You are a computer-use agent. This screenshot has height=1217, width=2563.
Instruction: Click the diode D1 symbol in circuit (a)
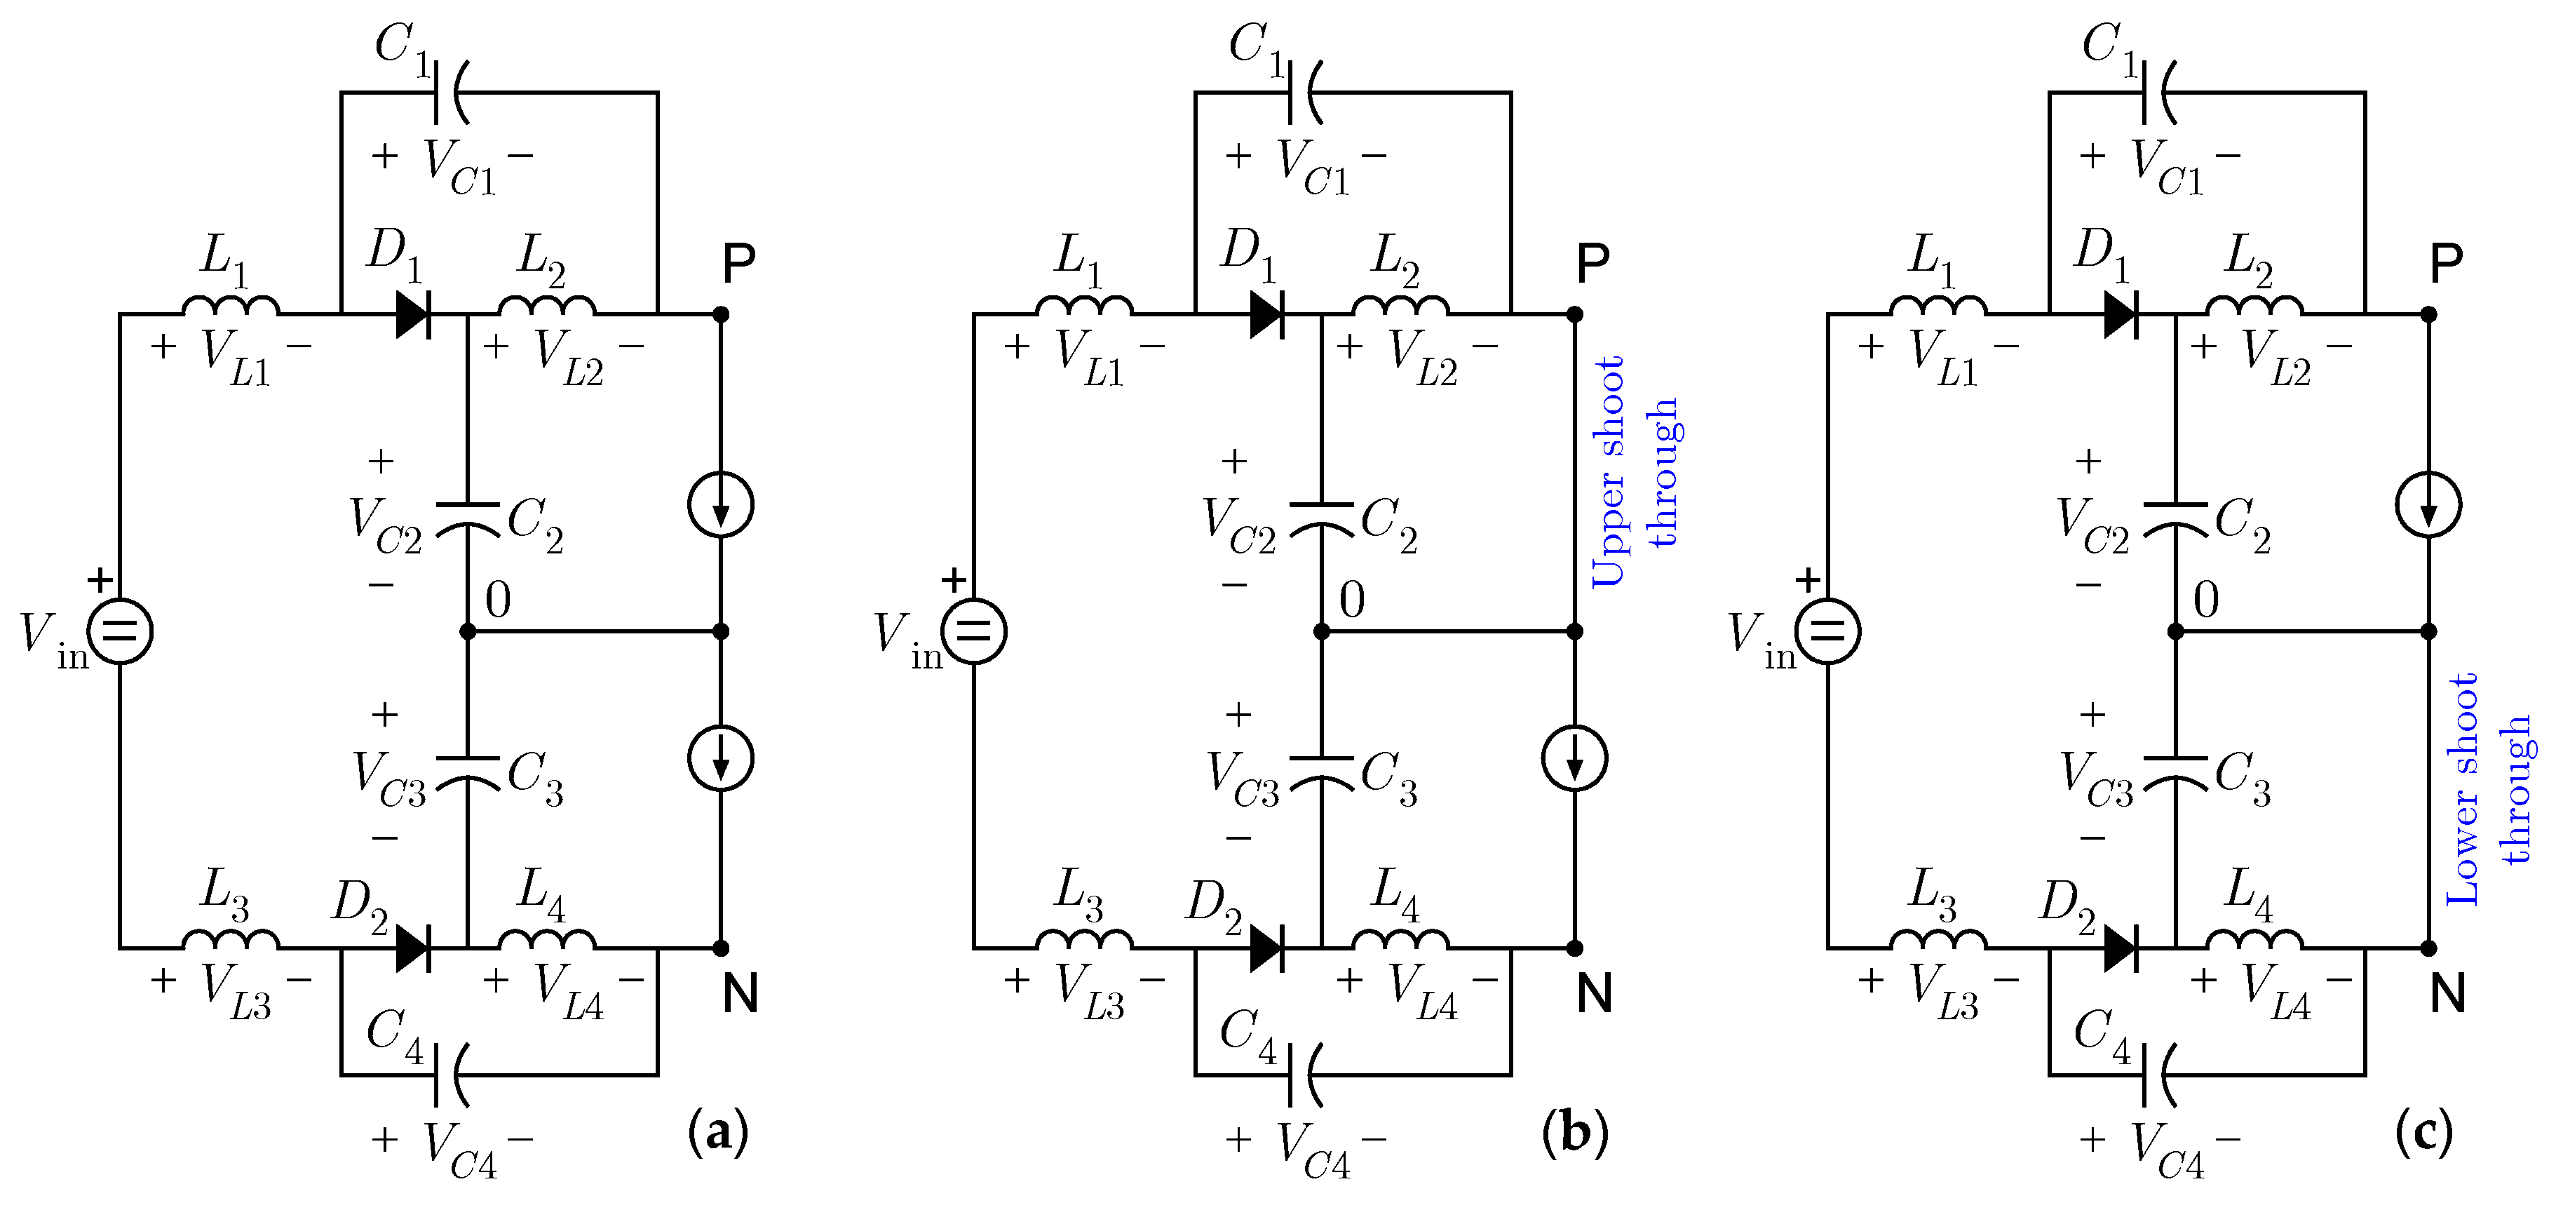(x=413, y=314)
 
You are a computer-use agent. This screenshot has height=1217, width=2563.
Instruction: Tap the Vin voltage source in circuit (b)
(x=974, y=631)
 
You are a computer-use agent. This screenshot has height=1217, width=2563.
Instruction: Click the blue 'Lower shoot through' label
(x=2489, y=788)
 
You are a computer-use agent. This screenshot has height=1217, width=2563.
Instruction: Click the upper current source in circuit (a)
(x=722, y=506)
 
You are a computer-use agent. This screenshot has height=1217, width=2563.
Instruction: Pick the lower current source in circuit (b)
(x=1574, y=758)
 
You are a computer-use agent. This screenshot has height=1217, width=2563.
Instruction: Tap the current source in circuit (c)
(x=2428, y=506)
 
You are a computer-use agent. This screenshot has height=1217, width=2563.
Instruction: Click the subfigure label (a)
(x=717, y=1131)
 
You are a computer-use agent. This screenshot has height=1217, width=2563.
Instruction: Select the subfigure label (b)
(x=1574, y=1131)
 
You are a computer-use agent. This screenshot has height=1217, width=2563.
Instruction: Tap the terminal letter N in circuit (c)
(x=2447, y=993)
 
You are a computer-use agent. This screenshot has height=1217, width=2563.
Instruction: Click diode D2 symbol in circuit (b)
(x=1266, y=948)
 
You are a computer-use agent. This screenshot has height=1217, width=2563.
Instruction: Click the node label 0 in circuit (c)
(x=2206, y=600)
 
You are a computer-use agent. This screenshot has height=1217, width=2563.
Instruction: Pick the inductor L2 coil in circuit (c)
(x=2254, y=306)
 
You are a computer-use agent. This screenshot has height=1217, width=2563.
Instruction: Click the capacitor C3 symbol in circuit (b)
(x=1321, y=770)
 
